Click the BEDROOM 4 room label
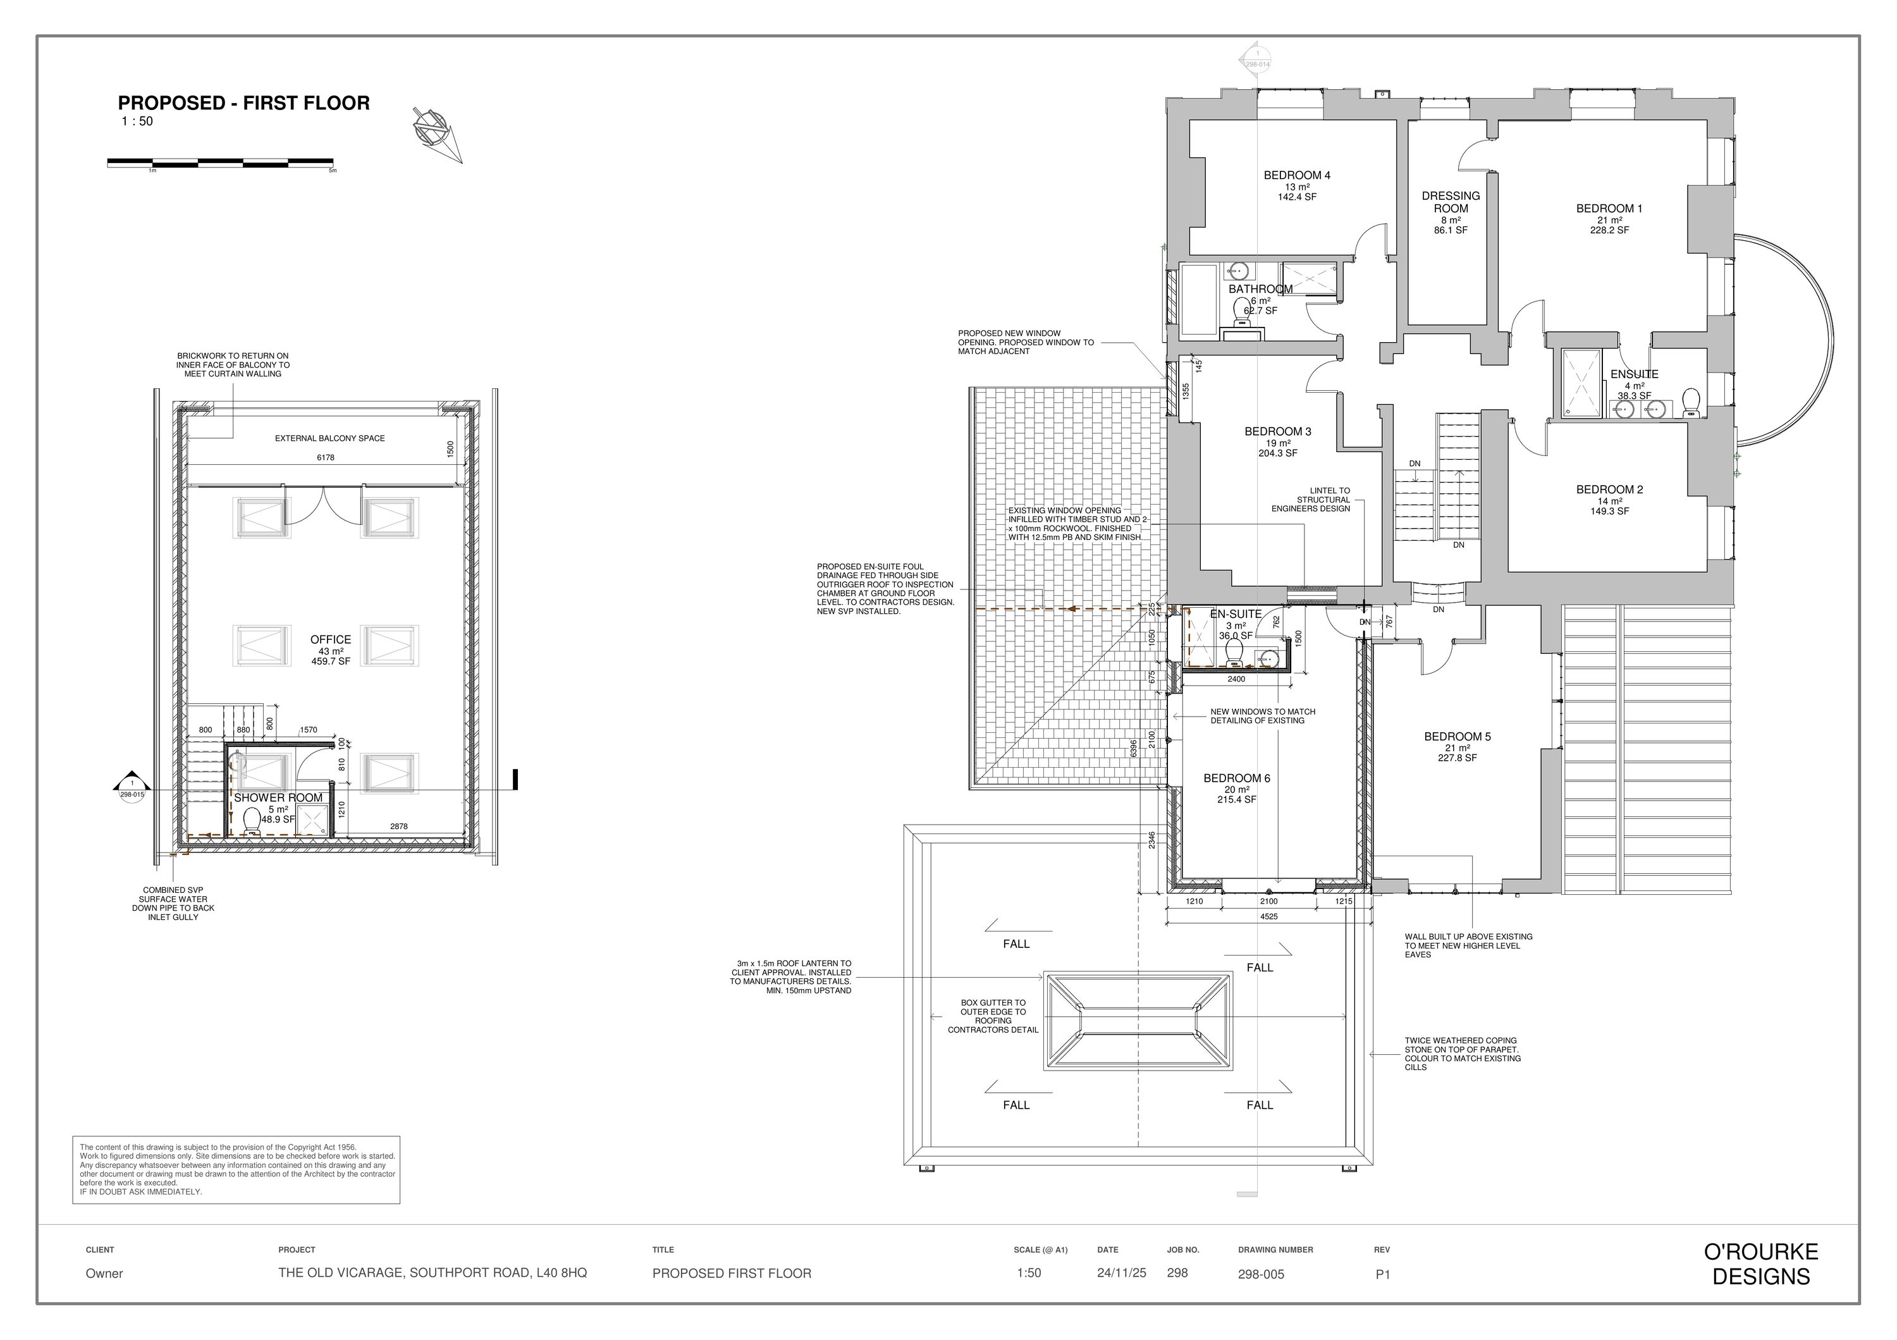click(x=1296, y=175)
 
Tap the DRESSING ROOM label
click(x=1451, y=202)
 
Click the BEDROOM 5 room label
click(x=1458, y=737)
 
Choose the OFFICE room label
click(x=331, y=639)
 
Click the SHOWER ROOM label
click(x=278, y=798)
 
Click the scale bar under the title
click(x=221, y=163)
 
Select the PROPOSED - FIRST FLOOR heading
click(x=243, y=103)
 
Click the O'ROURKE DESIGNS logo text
click(x=1760, y=1264)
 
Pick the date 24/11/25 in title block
click(x=1121, y=1273)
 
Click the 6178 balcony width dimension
click(x=326, y=458)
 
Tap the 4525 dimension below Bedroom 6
click(x=1269, y=916)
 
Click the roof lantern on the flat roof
click(x=1138, y=1022)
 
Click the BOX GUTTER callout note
click(x=993, y=1016)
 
